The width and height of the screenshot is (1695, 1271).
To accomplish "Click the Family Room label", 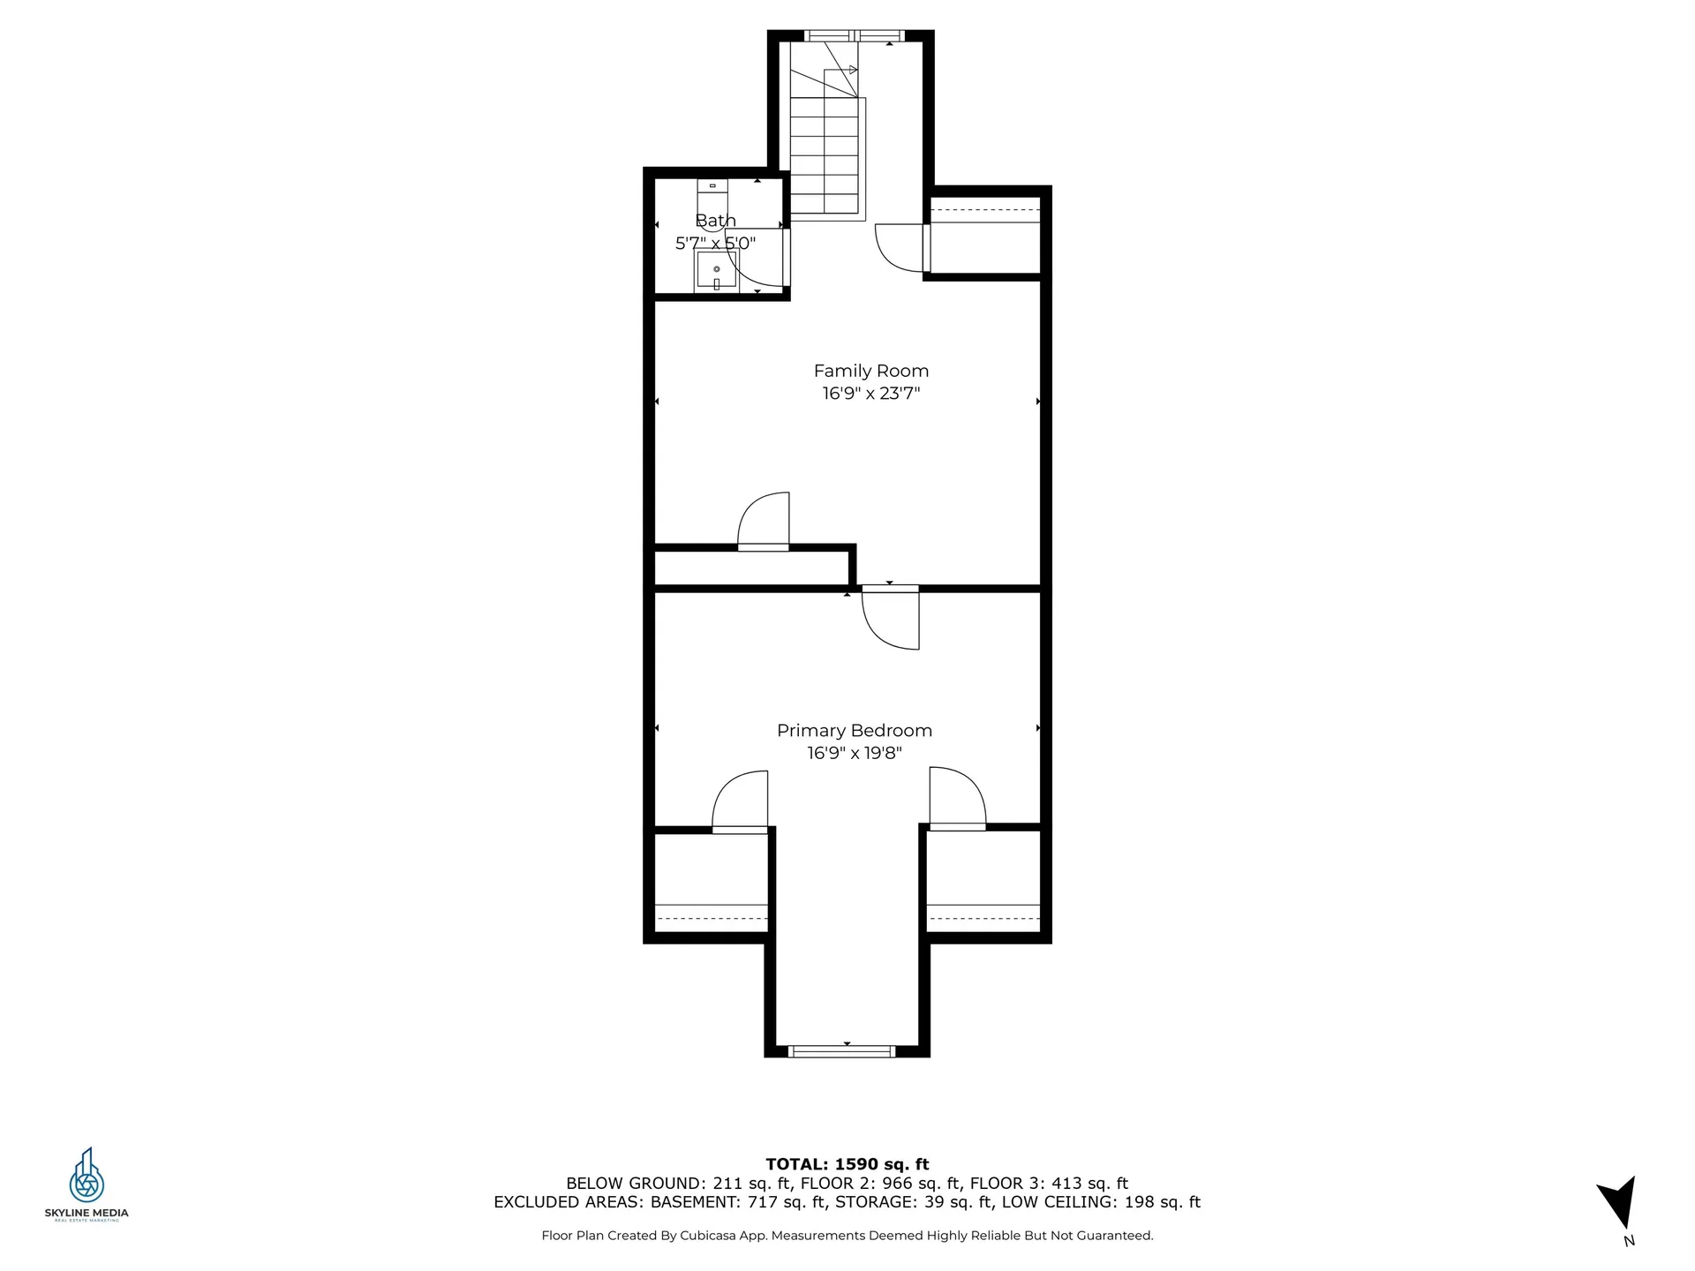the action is click(x=870, y=371).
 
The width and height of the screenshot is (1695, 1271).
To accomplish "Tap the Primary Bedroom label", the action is click(x=854, y=731).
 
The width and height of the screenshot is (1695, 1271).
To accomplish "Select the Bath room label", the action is click(x=715, y=221).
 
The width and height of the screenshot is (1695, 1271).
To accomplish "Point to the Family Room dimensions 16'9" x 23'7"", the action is click(x=870, y=394).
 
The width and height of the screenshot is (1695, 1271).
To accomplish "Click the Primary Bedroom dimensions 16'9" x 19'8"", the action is click(x=854, y=753).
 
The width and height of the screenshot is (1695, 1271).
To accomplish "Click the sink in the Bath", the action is click(x=716, y=270).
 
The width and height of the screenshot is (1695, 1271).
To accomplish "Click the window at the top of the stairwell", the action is click(x=850, y=36).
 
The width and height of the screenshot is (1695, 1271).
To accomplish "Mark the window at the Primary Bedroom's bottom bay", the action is click(x=841, y=1050).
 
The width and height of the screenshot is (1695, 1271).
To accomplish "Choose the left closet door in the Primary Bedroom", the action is click(x=740, y=801).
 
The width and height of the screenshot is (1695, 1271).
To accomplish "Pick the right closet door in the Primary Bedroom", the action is click(x=957, y=799).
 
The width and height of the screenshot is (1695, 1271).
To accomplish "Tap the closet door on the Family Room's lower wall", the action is click(x=763, y=522).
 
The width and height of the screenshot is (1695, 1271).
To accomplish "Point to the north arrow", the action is click(x=1620, y=1206).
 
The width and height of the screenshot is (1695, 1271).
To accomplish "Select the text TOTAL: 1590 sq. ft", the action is click(x=847, y=1164).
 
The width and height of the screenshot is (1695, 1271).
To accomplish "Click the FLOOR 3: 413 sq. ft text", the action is click(x=1049, y=1184).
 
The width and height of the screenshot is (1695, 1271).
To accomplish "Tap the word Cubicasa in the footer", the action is click(x=710, y=1236).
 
